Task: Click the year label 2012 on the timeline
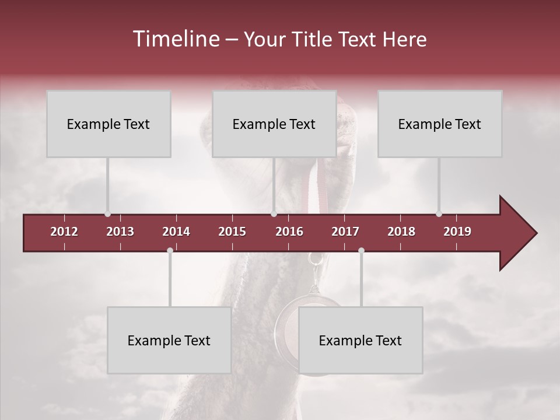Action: coord(64,232)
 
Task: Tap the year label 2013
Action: coord(120,232)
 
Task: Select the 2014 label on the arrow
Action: coord(176,232)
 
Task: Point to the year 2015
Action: coord(232,232)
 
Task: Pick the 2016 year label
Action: coord(289,232)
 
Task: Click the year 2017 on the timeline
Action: coord(345,232)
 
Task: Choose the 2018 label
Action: coord(401,232)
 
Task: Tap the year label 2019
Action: coord(457,232)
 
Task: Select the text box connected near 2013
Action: coord(108,124)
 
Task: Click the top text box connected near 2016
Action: coord(274,124)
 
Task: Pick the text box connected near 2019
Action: coord(440,124)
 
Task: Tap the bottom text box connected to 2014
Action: coord(169,340)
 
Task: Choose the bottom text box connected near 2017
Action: coord(360,340)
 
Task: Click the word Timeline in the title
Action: coord(176,39)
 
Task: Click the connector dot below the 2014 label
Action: coord(170,250)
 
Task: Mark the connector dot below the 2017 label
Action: coord(361,250)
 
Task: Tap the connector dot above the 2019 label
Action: coord(439,214)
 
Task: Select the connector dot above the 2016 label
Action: coord(274,214)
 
